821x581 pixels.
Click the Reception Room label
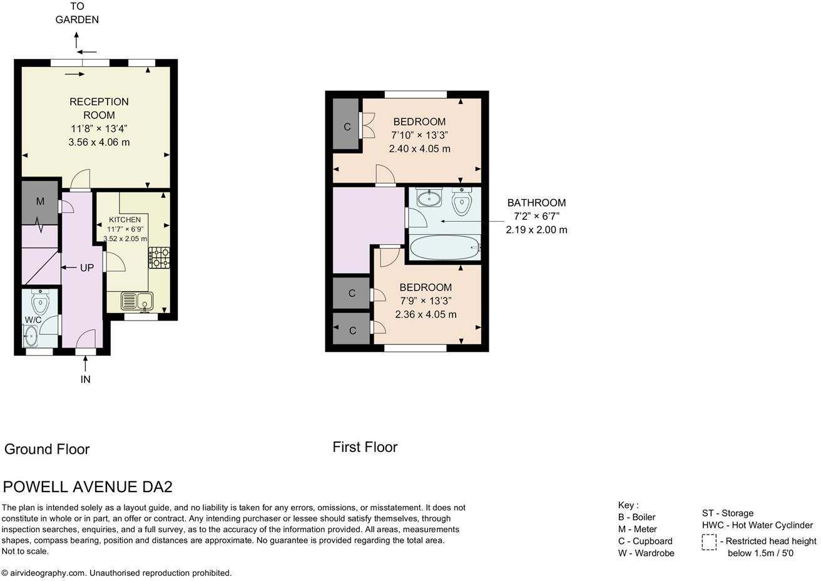pyautogui.click(x=99, y=108)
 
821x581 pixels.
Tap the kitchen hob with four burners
pyautogui.click(x=159, y=257)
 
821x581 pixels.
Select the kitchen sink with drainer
pyautogui.click(x=137, y=301)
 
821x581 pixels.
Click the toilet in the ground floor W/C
pyautogui.click(x=40, y=301)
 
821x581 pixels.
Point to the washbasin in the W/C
pyautogui.click(x=30, y=336)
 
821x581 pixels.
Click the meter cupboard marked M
pyautogui.click(x=40, y=202)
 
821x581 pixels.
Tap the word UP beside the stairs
pyautogui.click(x=87, y=268)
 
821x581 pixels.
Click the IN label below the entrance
pyautogui.click(x=85, y=379)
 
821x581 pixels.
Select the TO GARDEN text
pyautogui.click(x=77, y=13)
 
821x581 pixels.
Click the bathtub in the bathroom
pyautogui.click(x=444, y=247)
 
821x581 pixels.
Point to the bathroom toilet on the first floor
pyautogui.click(x=461, y=202)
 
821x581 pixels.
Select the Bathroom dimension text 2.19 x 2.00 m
pyautogui.click(x=536, y=230)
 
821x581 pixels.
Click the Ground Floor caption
pyautogui.click(x=47, y=450)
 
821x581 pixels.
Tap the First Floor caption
pyautogui.click(x=365, y=447)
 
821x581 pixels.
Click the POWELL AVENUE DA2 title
pyautogui.click(x=88, y=487)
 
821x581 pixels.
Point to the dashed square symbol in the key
pyautogui.click(x=709, y=542)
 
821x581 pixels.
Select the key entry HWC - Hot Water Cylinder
pyautogui.click(x=758, y=525)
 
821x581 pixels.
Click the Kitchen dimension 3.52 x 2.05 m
pyautogui.click(x=125, y=239)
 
